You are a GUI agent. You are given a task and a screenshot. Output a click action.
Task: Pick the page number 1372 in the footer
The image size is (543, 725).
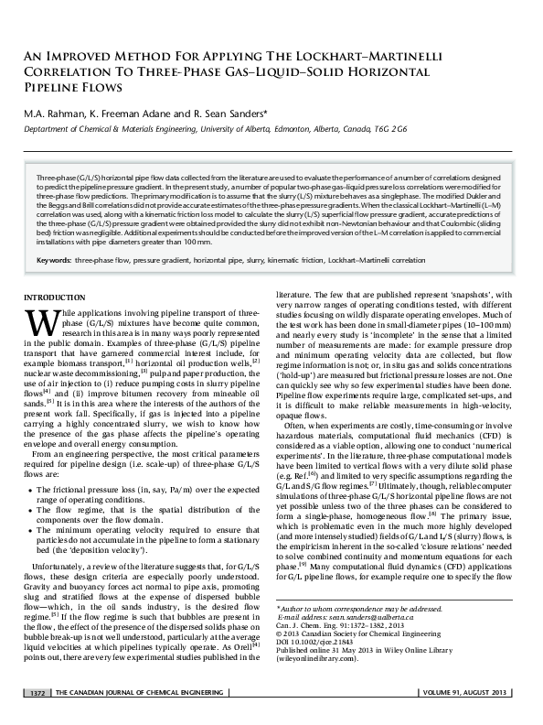pos(41,716)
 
